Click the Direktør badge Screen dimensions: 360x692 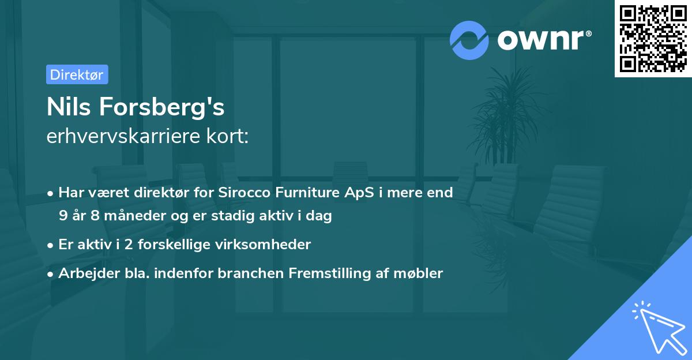[x=77, y=74]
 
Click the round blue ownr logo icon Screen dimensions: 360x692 [x=469, y=40]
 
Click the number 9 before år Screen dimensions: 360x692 [x=62, y=216]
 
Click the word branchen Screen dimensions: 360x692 [x=245, y=273]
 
